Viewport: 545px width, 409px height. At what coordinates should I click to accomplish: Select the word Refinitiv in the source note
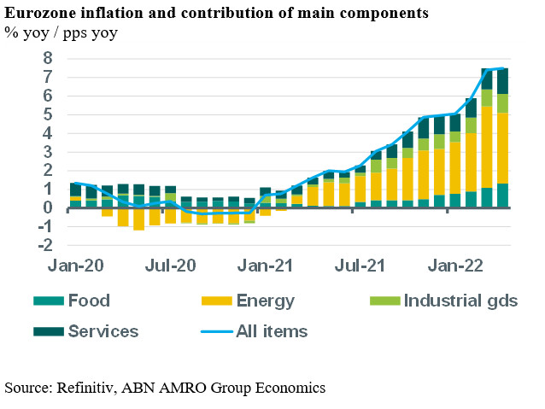pyautogui.click(x=87, y=388)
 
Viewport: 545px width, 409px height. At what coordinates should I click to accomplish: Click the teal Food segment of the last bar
pyautogui.click(x=502, y=196)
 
